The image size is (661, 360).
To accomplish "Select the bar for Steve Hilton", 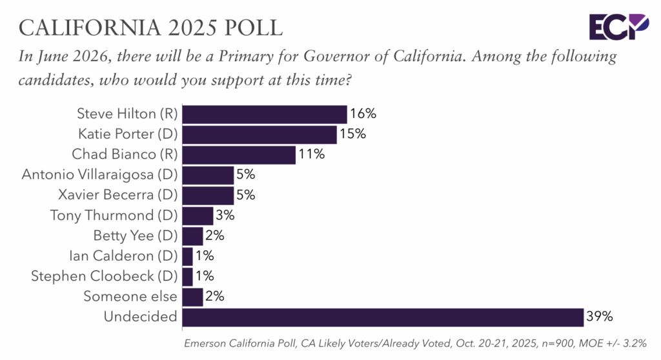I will pyautogui.click(x=265, y=114).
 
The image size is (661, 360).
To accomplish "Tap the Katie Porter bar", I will pyautogui.click(x=259, y=135).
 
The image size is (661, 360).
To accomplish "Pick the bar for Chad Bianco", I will pyautogui.click(x=239, y=155).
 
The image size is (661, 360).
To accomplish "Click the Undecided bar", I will pyautogui.click(x=383, y=317).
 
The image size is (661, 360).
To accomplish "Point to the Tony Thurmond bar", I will pyautogui.click(x=198, y=215).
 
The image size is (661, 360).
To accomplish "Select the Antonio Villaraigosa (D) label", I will pyautogui.click(x=99, y=175).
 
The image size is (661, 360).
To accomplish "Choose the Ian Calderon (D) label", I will pyautogui.click(x=123, y=256).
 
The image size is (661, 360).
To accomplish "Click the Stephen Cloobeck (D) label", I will pyautogui.click(x=104, y=276).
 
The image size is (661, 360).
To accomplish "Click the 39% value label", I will pyautogui.click(x=600, y=317).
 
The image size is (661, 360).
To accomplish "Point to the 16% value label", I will pyautogui.click(x=363, y=114).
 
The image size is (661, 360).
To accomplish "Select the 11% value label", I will pyautogui.click(x=311, y=155).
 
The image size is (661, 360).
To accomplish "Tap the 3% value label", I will pyautogui.click(x=225, y=215).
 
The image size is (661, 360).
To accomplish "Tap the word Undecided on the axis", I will pyautogui.click(x=140, y=317).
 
